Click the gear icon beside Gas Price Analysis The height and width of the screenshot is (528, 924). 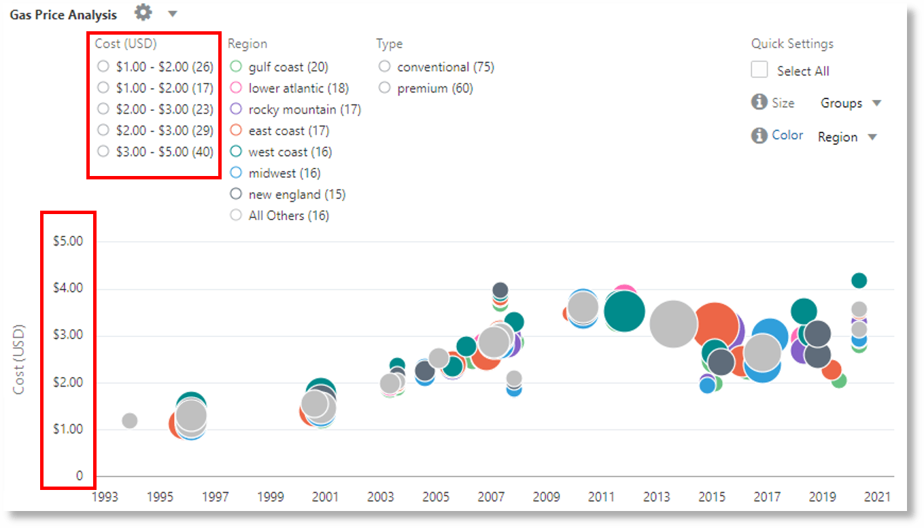tap(143, 12)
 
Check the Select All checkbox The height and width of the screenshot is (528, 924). tap(759, 71)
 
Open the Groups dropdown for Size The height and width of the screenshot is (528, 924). tap(850, 103)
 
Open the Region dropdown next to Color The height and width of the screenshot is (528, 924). tap(846, 137)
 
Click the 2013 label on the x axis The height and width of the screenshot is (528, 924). tap(655, 497)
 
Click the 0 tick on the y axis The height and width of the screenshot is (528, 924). tap(79, 476)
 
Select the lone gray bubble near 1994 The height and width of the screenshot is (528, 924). tap(129, 421)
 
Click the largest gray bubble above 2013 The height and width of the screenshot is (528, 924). tap(673, 323)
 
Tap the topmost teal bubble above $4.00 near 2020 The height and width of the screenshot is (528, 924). tap(859, 280)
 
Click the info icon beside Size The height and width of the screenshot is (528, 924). tap(759, 103)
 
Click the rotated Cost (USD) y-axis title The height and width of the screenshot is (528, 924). tap(20, 359)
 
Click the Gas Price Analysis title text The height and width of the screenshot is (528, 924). tap(63, 14)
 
